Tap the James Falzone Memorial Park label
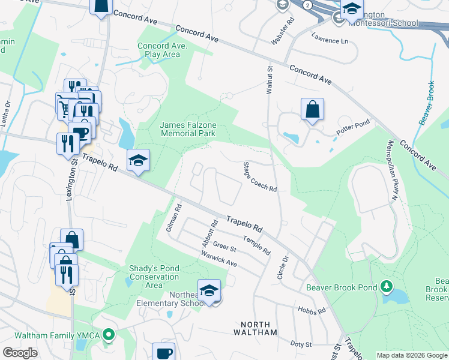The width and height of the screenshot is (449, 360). (188, 129)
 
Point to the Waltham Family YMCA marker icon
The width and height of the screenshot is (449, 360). (109, 334)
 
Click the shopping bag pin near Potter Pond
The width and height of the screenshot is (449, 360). (312, 110)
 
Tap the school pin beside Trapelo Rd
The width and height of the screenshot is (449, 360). (138, 161)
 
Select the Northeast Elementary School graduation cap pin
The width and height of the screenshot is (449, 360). (209, 291)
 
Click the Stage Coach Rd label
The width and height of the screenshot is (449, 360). (260, 177)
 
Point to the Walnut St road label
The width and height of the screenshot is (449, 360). (270, 79)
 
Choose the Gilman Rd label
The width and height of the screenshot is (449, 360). (173, 219)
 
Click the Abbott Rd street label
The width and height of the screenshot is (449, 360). (209, 232)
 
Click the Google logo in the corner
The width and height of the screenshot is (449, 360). (20, 353)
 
